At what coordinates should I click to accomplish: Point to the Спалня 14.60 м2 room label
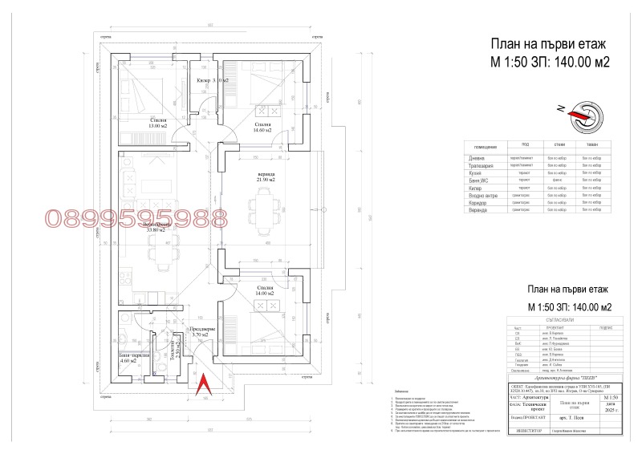point(262,128)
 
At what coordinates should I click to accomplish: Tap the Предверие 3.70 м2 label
point(201,330)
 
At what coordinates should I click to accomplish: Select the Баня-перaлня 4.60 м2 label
point(128,358)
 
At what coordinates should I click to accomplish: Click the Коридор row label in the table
point(478,204)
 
